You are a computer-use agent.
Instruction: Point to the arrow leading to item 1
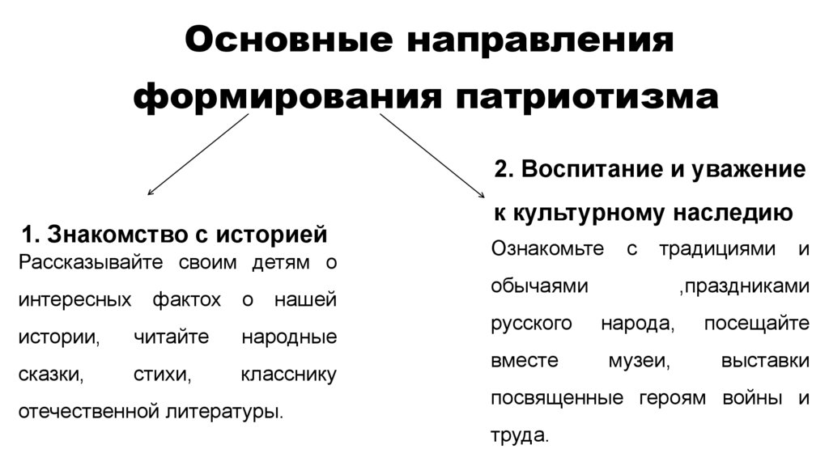tap(197, 155)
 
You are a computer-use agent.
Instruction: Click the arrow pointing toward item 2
tap(432, 155)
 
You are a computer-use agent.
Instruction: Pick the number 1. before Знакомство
tap(30, 235)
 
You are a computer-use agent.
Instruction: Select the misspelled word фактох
tap(185, 300)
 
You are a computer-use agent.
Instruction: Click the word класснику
tap(289, 375)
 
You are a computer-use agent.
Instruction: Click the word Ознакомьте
tap(547, 248)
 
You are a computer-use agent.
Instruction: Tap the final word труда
tap(518, 435)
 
